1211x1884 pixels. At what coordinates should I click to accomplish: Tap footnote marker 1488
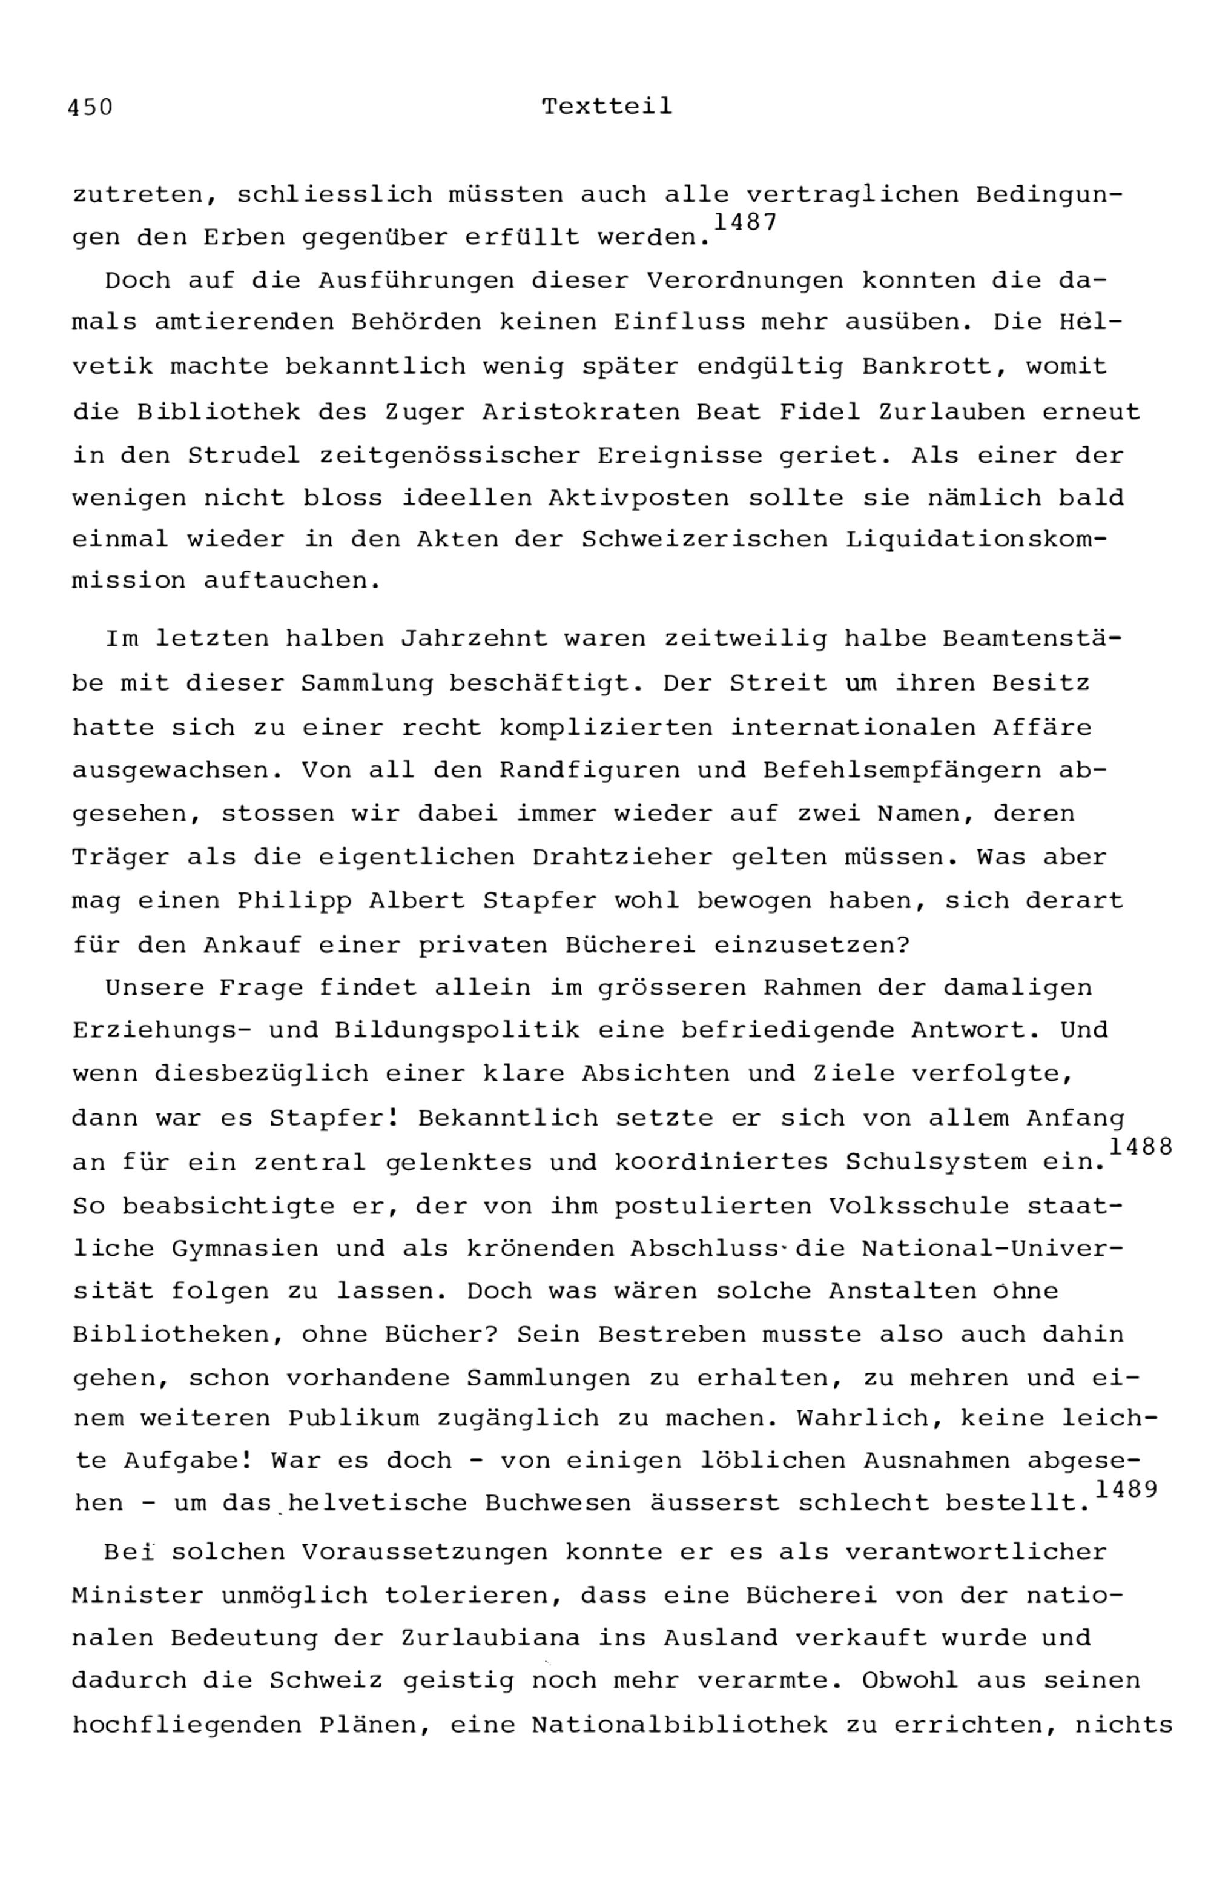click(1140, 1147)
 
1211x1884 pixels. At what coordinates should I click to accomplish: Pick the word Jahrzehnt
click(474, 639)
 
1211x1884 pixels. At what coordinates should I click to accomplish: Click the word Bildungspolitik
click(457, 1030)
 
